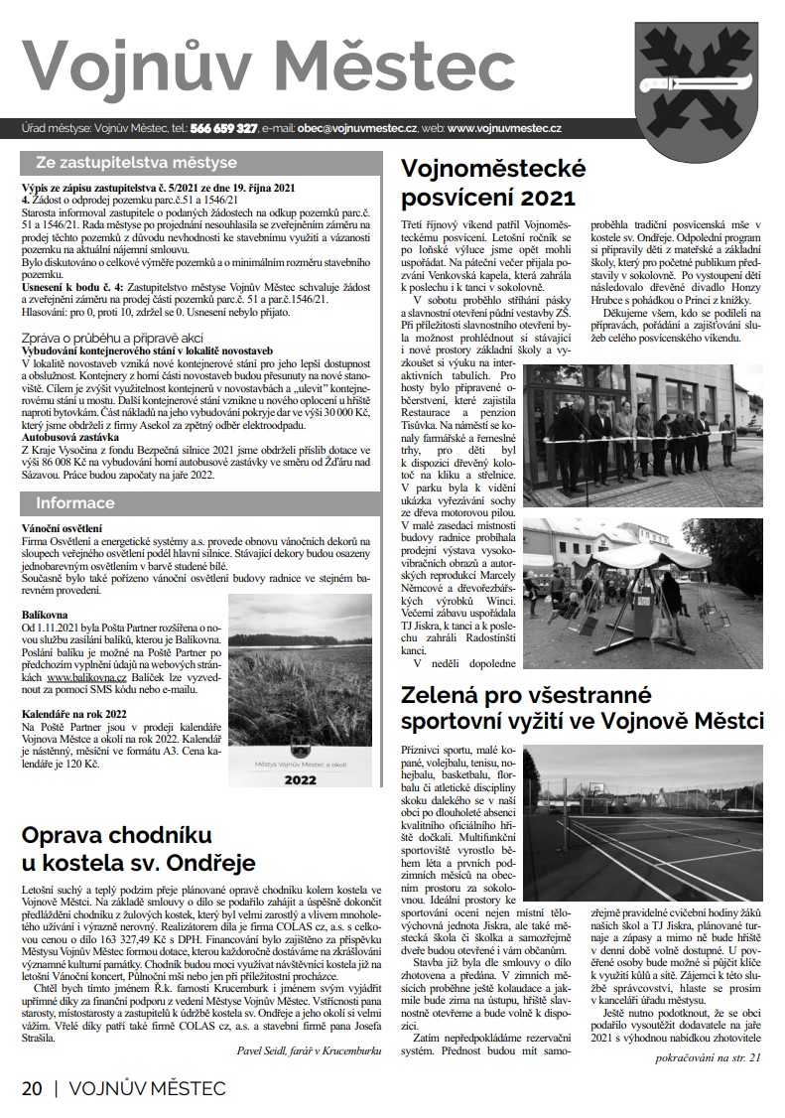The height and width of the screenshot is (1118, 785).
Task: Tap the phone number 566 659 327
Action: tap(223, 129)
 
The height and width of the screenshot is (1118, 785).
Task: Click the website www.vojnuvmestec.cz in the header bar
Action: tap(505, 129)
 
